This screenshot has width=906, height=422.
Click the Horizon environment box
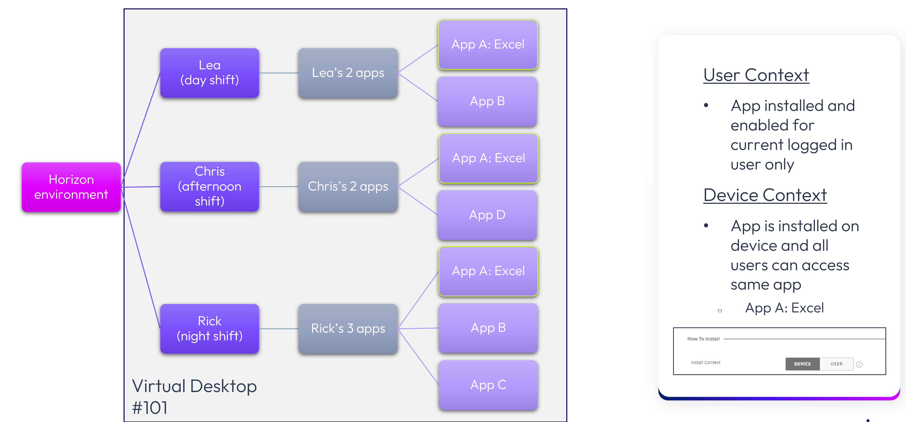pyautogui.click(x=71, y=187)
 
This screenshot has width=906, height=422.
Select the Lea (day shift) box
pyautogui.click(x=210, y=73)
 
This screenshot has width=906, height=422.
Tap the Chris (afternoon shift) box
pyautogui.click(x=210, y=186)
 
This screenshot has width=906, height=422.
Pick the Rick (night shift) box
pyautogui.click(x=210, y=328)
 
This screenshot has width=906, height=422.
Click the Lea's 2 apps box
pyautogui.click(x=348, y=73)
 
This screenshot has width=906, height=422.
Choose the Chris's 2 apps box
pyautogui.click(x=348, y=186)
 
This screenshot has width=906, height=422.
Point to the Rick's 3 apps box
pyautogui.click(x=348, y=328)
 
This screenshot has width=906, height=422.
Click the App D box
pyautogui.click(x=487, y=215)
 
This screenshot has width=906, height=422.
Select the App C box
pyautogui.click(x=488, y=385)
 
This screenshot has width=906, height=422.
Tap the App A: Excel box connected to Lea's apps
pyautogui.click(x=488, y=45)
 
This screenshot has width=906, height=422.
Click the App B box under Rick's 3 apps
pyautogui.click(x=488, y=328)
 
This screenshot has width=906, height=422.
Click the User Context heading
pyautogui.click(x=756, y=75)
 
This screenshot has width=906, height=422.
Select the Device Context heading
pyautogui.click(x=765, y=195)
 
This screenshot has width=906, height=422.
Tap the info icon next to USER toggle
pyautogui.click(x=859, y=364)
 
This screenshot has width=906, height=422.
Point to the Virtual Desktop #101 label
pyautogui.click(x=194, y=396)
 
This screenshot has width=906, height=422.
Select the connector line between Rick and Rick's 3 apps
pyautogui.click(x=279, y=329)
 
